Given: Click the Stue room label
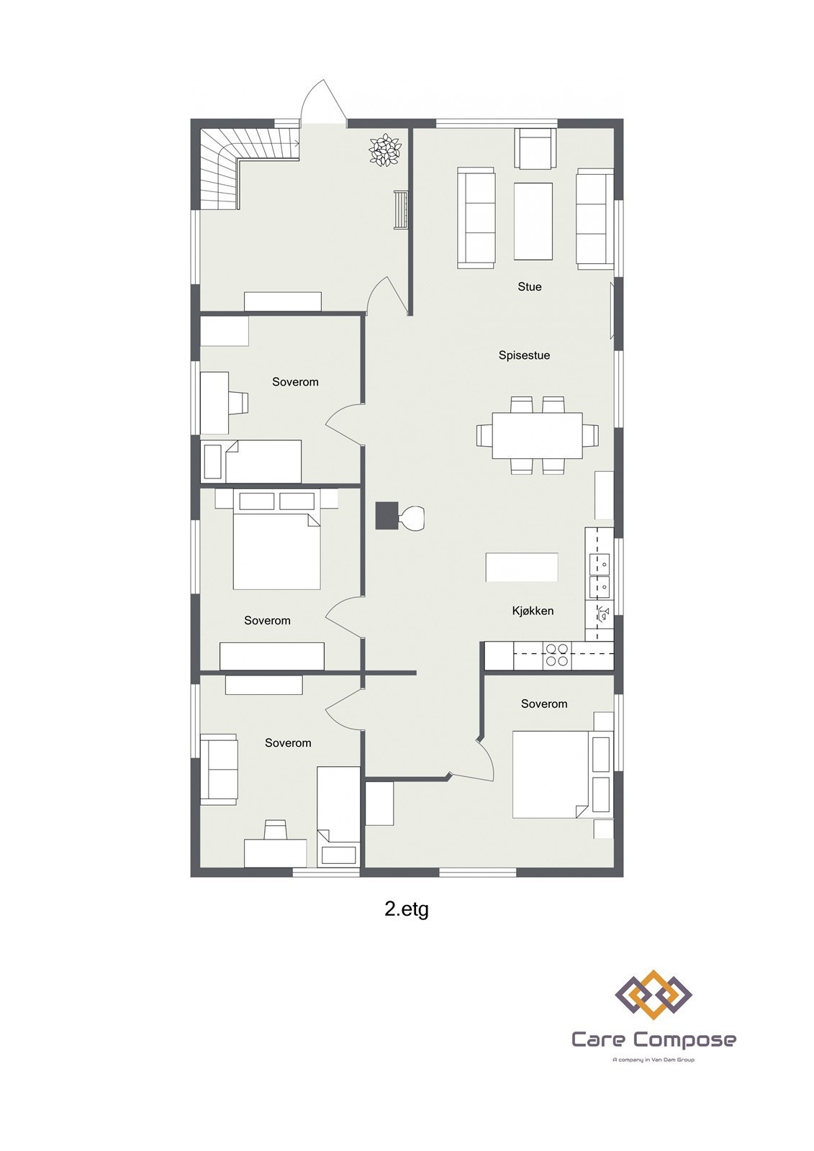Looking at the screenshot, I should [529, 286].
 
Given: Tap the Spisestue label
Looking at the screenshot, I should [524, 355].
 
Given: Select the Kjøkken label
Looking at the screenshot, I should [533, 611].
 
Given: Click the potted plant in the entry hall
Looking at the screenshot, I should [385, 150].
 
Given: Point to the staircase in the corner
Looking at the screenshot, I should [220, 169].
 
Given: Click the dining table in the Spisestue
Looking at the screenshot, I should [537, 435].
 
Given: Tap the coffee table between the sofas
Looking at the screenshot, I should [533, 220].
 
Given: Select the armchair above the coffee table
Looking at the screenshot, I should [535, 148].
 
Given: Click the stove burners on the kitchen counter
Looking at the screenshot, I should [556, 655].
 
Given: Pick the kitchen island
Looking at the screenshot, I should [522, 567].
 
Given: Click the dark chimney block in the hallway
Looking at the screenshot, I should [386, 515].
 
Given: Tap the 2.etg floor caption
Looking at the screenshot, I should [407, 909].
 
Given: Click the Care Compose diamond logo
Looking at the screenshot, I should [653, 994].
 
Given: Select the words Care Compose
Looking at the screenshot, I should [653, 1039].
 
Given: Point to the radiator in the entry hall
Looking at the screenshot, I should [401, 209].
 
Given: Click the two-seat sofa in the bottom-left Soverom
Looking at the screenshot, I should [218, 769].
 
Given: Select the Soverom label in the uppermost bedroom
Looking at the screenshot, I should [295, 382].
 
